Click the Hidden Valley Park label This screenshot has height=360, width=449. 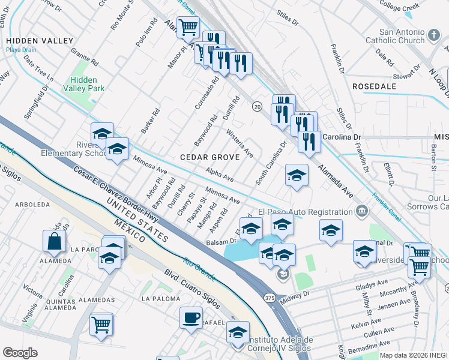point(87,83)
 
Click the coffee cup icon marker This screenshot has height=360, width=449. point(191,317)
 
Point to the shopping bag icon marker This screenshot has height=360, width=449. point(54,241)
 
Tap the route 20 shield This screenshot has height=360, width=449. point(257,106)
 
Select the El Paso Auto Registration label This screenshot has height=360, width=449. point(305,212)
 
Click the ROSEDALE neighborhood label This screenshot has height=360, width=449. point(374,86)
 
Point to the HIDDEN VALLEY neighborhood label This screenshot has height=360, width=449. point(39,41)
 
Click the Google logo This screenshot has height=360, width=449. point(20,353)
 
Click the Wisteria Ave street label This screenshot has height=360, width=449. point(240,145)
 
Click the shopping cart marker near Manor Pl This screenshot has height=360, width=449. point(188,27)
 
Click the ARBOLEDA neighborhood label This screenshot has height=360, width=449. point(33,205)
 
